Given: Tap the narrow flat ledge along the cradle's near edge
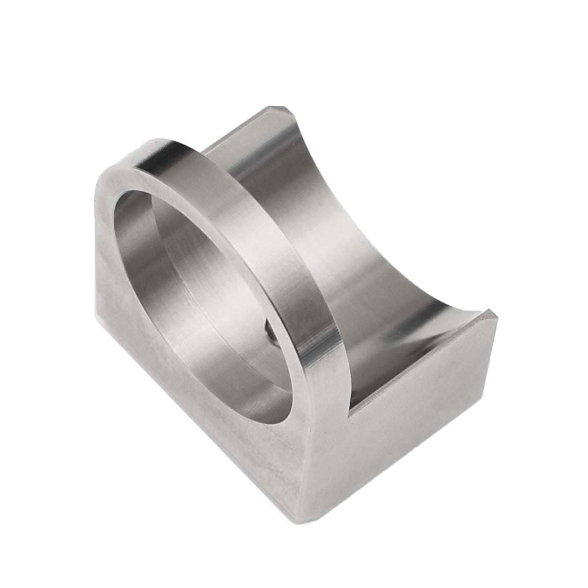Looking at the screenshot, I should point(416,363).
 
